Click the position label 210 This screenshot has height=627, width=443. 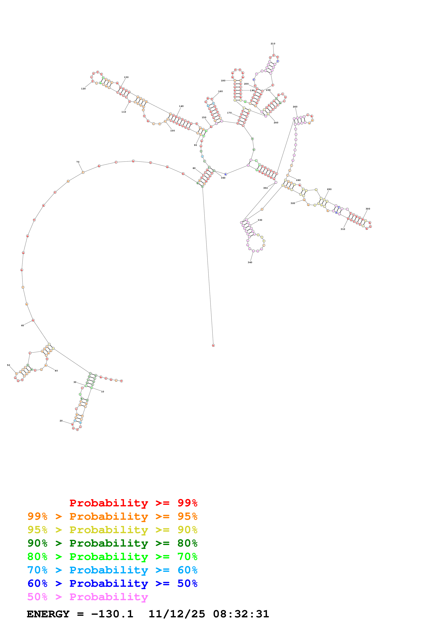(x=273, y=44)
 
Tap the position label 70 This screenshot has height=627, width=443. (x=78, y=162)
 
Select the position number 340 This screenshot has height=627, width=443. (x=250, y=262)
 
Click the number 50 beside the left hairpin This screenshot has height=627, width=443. (x=8, y=365)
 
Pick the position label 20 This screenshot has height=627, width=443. (x=61, y=421)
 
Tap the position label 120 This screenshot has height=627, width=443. (x=83, y=89)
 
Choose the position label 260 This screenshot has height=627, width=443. (x=295, y=107)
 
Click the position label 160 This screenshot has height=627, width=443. (x=220, y=92)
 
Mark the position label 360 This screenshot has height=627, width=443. (x=223, y=178)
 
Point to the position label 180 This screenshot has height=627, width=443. (x=223, y=81)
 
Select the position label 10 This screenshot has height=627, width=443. (x=103, y=392)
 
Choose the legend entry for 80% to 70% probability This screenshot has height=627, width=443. (x=112, y=557)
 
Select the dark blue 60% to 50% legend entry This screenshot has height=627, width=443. (x=112, y=583)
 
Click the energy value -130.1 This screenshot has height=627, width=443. (x=112, y=614)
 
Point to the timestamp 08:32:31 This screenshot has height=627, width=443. (x=241, y=614)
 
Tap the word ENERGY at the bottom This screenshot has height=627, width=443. (x=48, y=614)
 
